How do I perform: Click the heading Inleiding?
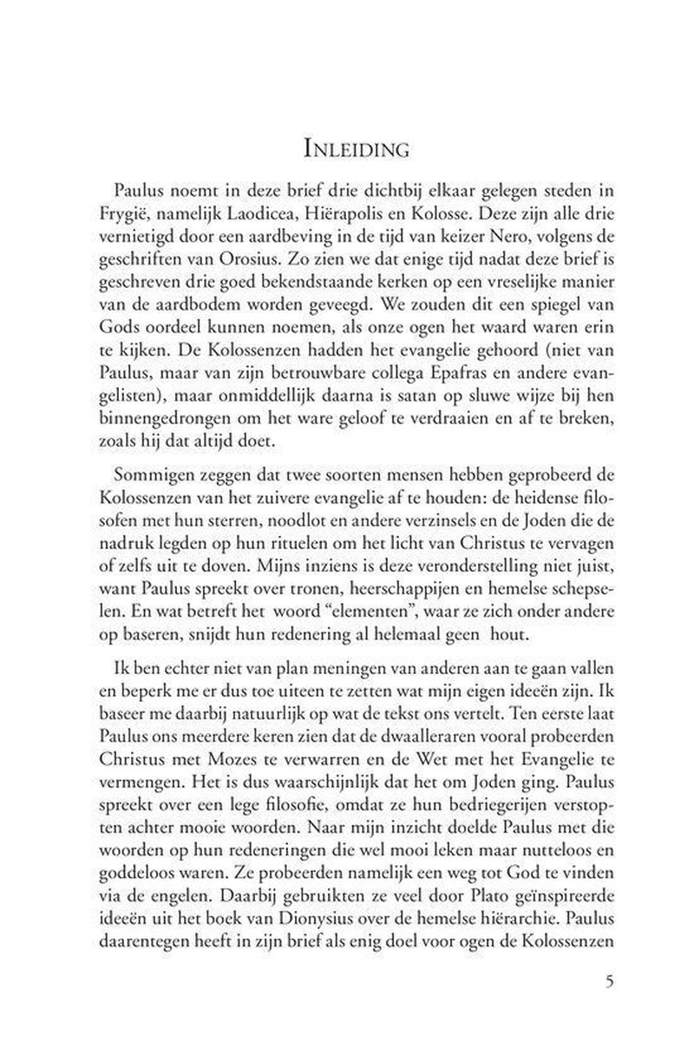(347, 150)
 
